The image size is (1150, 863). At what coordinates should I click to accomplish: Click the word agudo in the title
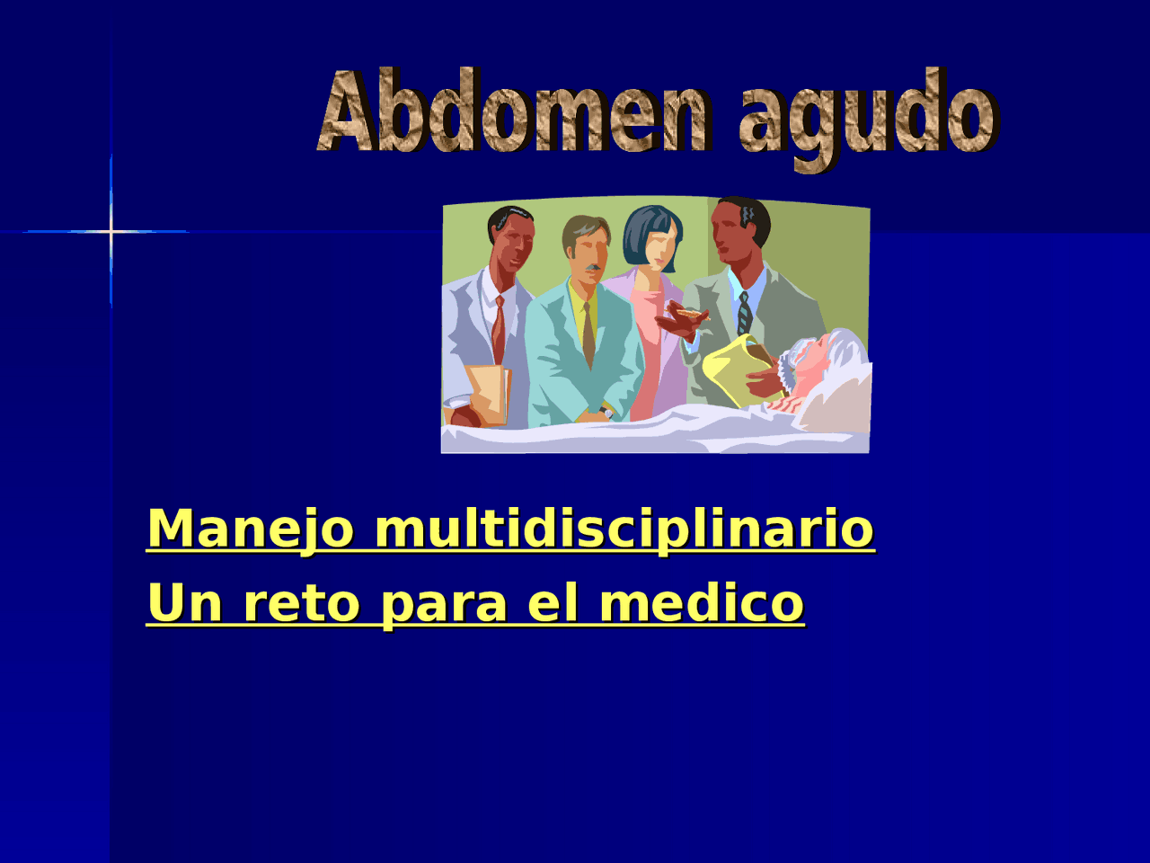pos(868,117)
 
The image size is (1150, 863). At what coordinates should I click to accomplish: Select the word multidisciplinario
pos(624,529)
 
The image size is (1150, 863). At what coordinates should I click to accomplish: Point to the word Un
pos(184,602)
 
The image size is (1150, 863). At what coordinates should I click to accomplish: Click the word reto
pos(302,602)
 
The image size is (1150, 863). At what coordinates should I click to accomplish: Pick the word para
pos(445,604)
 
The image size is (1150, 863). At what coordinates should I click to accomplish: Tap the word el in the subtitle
pos(553,602)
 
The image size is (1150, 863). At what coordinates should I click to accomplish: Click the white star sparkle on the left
pos(111,232)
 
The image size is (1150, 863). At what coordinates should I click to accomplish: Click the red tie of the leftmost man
pos(499,328)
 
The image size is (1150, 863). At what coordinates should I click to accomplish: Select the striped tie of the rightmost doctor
pos(744,315)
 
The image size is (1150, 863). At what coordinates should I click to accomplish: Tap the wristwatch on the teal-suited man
pos(607,413)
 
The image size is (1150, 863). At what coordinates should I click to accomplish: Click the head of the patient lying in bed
pos(822,355)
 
